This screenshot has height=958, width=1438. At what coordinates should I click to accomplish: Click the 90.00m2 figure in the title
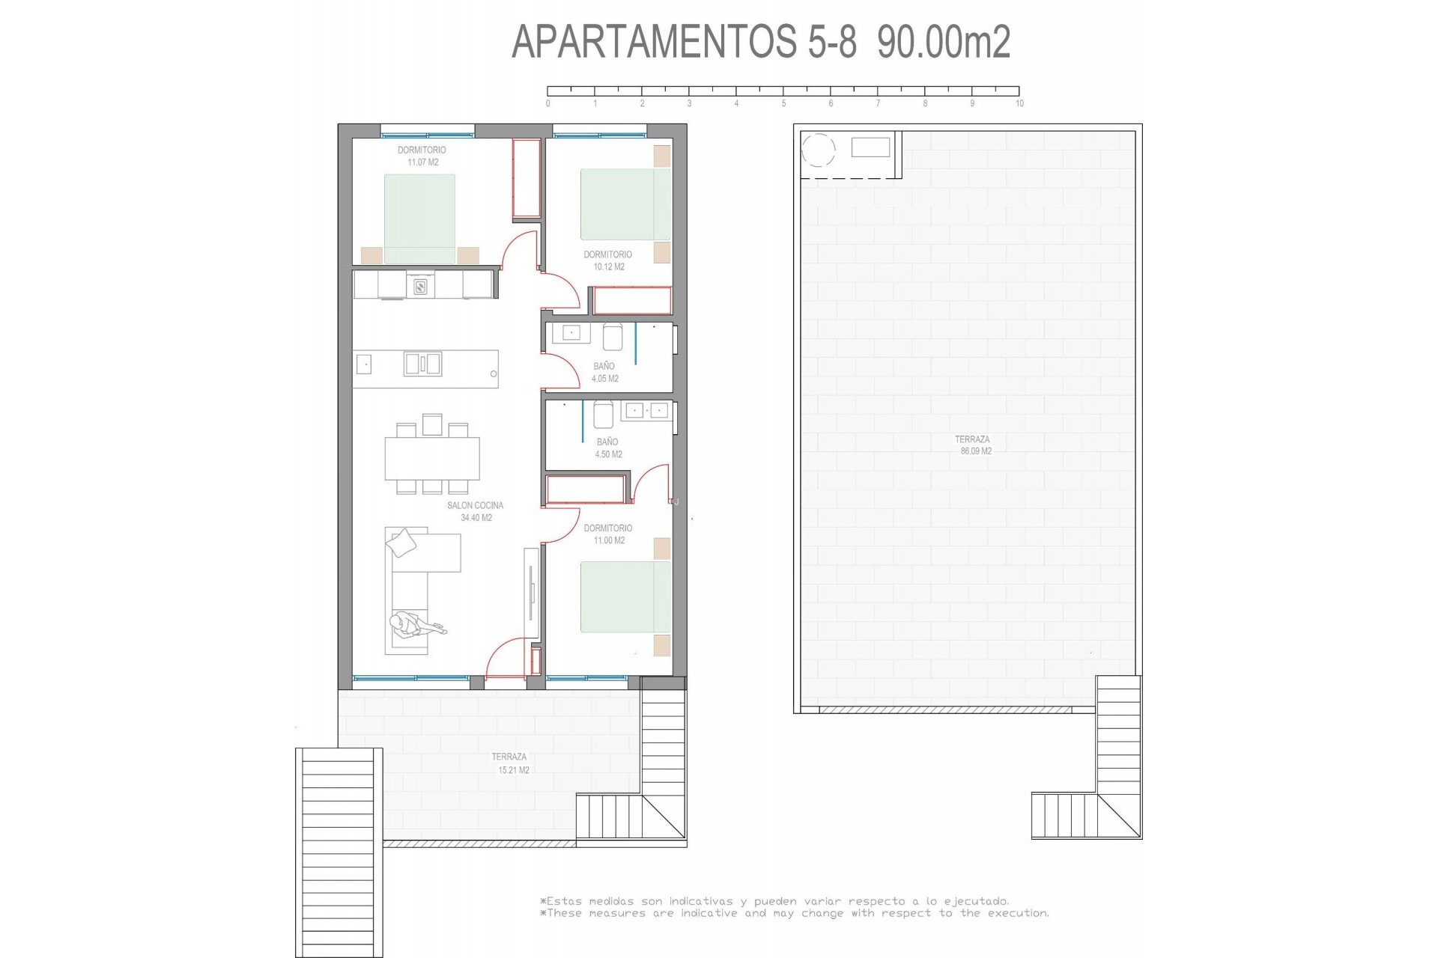point(944,42)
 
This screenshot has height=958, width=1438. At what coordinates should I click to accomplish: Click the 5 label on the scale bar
point(783,103)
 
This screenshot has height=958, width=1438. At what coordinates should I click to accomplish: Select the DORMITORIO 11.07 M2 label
point(422,156)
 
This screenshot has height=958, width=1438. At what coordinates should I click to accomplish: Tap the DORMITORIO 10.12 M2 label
point(607,260)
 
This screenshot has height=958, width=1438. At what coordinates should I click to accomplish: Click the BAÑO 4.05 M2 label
point(604,372)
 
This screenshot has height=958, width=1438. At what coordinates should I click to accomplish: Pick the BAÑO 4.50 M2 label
point(608,448)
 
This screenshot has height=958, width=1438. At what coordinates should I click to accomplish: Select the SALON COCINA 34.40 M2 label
point(476,511)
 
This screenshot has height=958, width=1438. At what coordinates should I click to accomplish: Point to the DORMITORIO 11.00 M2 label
point(607,534)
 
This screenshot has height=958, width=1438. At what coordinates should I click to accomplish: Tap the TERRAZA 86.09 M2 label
point(972,445)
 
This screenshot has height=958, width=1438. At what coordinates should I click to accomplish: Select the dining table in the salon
point(432,458)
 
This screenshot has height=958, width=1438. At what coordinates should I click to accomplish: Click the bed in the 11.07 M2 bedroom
point(419,219)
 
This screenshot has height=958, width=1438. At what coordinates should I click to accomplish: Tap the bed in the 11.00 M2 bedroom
point(625,597)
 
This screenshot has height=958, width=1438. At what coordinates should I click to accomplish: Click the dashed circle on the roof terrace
point(818,150)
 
